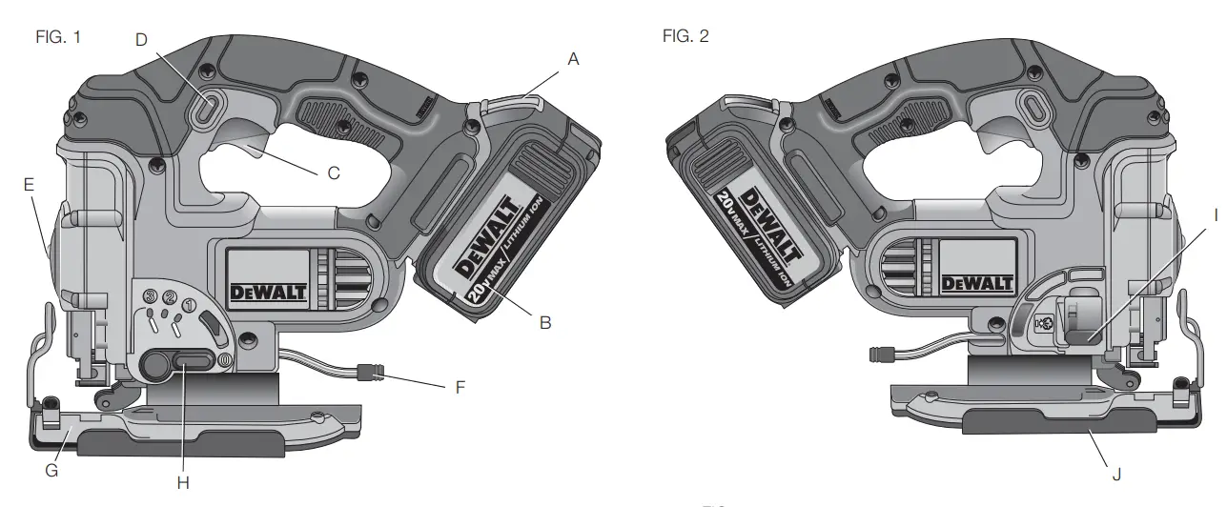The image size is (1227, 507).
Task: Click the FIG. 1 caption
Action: pyautogui.click(x=58, y=37)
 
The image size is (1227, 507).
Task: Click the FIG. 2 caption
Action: pyautogui.click(x=685, y=36)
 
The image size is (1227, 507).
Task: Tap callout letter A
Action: pyautogui.click(x=573, y=59)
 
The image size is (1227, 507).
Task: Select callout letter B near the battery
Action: pyautogui.click(x=545, y=323)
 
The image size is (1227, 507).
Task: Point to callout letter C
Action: pyautogui.click(x=334, y=173)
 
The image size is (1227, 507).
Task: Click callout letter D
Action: pyautogui.click(x=141, y=40)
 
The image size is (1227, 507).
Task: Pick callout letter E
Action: pyautogui.click(x=29, y=185)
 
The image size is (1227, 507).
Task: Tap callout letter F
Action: pyautogui.click(x=460, y=388)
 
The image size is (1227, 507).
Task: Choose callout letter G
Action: pyautogui.click(x=51, y=471)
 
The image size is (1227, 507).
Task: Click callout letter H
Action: pyautogui.click(x=183, y=483)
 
